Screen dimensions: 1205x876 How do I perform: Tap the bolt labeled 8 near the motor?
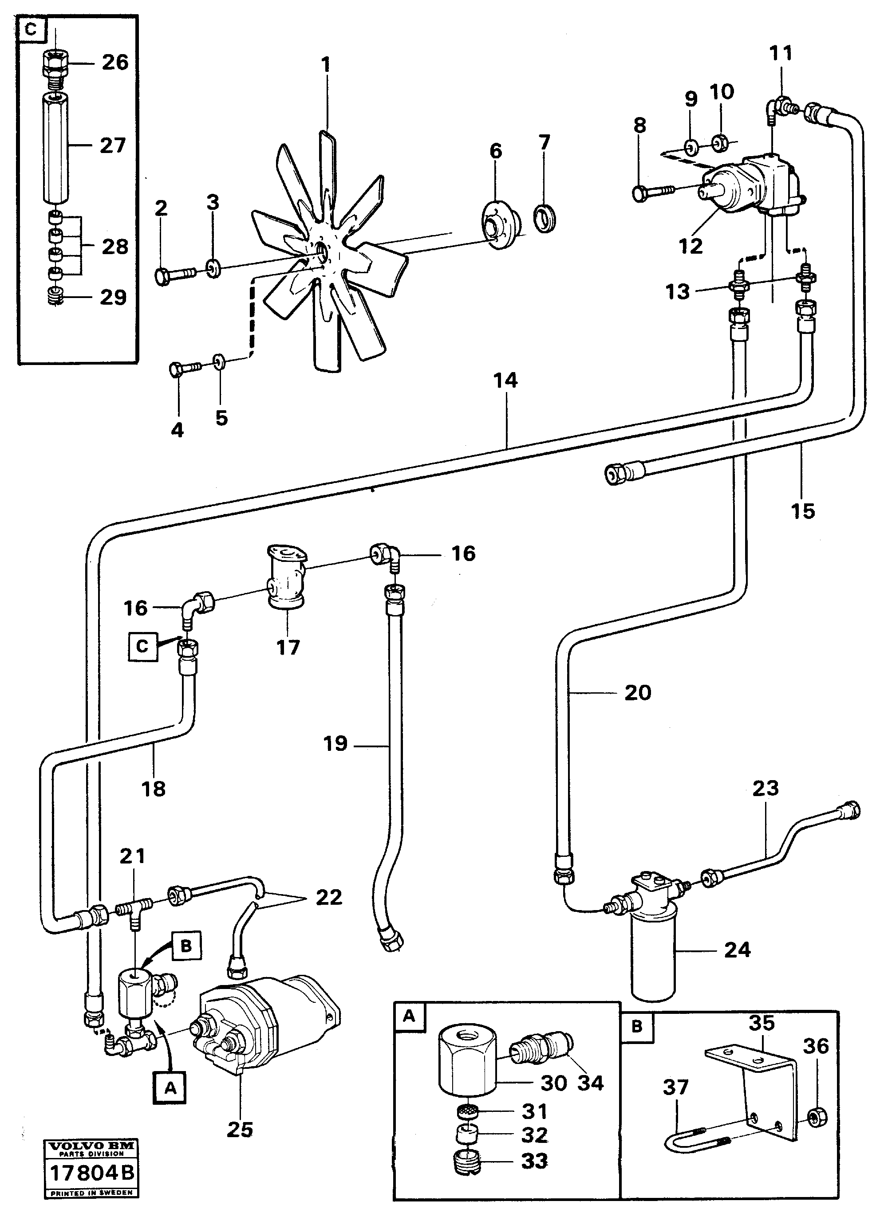pos(651,191)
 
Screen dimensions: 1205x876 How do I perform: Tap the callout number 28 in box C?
pos(115,247)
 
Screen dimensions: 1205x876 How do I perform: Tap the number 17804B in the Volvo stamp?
pos(91,1173)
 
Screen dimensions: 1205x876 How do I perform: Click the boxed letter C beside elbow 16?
pos(142,646)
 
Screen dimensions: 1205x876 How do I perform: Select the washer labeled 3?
pos(213,269)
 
